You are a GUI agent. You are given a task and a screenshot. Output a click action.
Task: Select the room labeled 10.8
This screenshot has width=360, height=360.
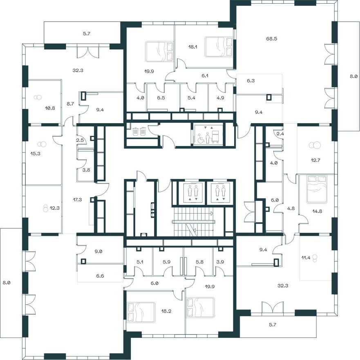(49, 108)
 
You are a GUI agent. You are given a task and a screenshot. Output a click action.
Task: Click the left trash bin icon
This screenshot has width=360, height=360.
(135, 132)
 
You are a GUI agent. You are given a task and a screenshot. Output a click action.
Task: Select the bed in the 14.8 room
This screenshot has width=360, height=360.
(317, 189)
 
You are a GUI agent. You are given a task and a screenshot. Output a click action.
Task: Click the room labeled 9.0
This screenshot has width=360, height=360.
(98, 252)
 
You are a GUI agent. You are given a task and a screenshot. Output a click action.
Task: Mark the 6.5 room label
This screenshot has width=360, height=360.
(161, 99)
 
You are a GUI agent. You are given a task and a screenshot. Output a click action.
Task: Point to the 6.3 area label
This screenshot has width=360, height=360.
(250, 81)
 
